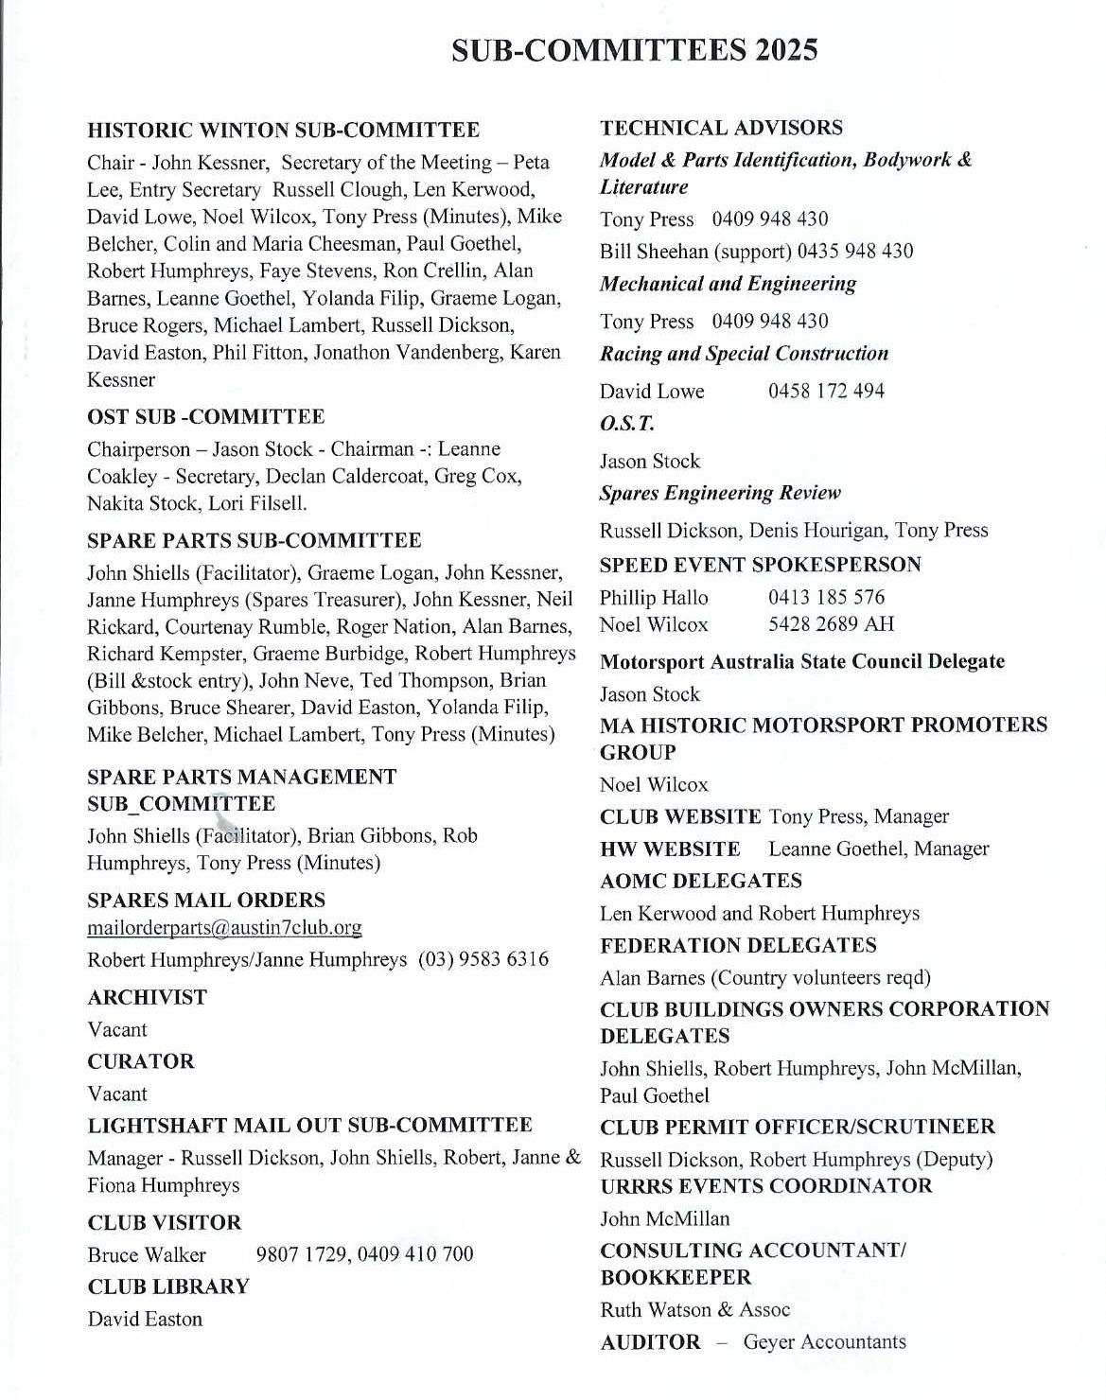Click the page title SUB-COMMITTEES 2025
pyautogui.click(x=634, y=50)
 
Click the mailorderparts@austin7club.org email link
pyautogui.click(x=224, y=928)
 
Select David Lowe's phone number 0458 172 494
pyautogui.click(x=826, y=391)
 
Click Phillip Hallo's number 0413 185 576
pyautogui.click(x=826, y=598)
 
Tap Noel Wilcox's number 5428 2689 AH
pyautogui.click(x=830, y=624)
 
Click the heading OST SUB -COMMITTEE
pyautogui.click(x=205, y=417)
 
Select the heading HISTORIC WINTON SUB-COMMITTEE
pyautogui.click(x=283, y=131)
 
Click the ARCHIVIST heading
pyautogui.click(x=147, y=997)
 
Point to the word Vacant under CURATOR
pyautogui.click(x=117, y=1094)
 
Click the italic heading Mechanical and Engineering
pyautogui.click(x=728, y=284)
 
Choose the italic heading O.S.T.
pyautogui.click(x=626, y=424)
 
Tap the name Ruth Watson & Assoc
pyautogui.click(x=694, y=1310)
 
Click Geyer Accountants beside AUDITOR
pyautogui.click(x=824, y=1342)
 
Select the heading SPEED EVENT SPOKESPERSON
pyautogui.click(x=760, y=565)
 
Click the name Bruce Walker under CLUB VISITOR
pyautogui.click(x=147, y=1255)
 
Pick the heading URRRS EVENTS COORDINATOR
pyautogui.click(x=765, y=1186)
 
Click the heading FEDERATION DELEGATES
pyautogui.click(x=738, y=946)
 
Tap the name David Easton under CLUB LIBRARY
pyautogui.click(x=145, y=1320)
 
